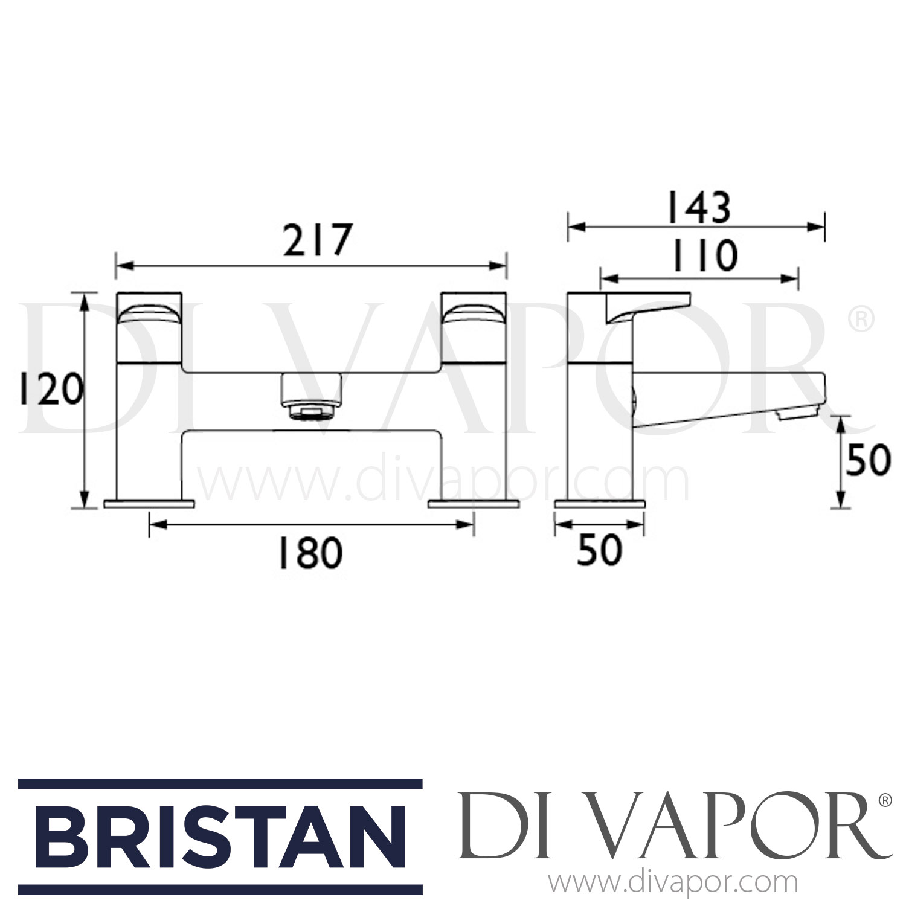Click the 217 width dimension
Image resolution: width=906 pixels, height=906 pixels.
(316, 240)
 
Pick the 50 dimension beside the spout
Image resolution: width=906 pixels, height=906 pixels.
(868, 460)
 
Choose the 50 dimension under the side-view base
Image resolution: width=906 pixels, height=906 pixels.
(599, 550)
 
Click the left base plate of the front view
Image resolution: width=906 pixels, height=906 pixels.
(149, 503)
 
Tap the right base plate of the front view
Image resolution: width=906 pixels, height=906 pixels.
(474, 503)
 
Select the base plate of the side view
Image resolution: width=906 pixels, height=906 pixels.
(600, 503)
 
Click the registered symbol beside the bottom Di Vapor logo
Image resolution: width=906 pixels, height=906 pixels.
(885, 801)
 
